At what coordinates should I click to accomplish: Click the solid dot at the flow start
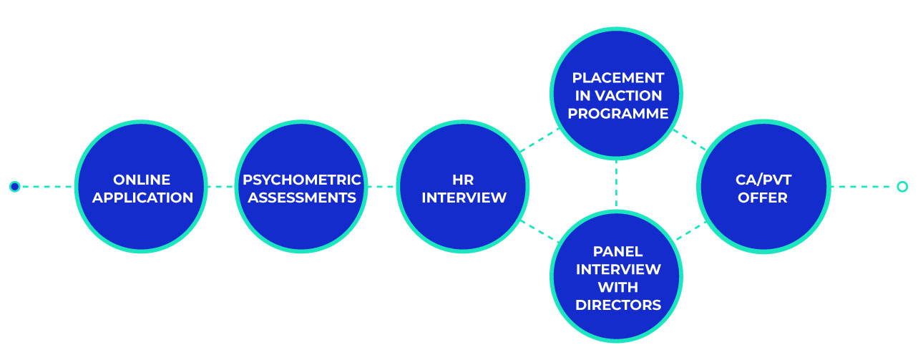(14, 187)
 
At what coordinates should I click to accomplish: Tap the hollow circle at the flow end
(902, 187)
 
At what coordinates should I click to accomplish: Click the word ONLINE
(142, 180)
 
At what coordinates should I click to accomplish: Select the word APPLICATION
(142, 198)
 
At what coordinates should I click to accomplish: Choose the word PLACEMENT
(617, 77)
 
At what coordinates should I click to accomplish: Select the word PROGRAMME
(617, 113)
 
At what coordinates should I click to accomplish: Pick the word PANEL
(617, 251)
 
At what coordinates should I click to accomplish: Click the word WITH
(617, 287)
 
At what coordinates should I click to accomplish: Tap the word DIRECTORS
(617, 305)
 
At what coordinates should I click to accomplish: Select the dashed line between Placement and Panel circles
(617, 184)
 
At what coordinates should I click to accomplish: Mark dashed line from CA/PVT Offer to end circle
(862, 187)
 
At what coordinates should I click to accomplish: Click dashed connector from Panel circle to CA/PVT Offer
(691, 230)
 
